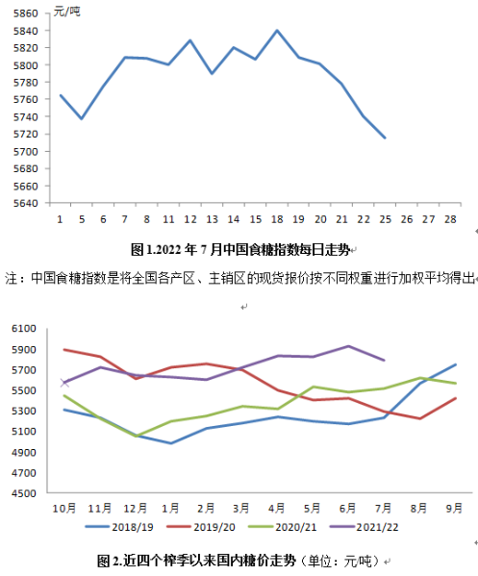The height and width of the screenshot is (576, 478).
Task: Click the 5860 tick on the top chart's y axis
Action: pos(26,13)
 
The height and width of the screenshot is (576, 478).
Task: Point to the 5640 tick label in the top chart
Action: pos(26,203)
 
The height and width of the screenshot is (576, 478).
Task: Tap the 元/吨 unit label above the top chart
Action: pos(66,12)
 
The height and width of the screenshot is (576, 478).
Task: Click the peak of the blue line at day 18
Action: pos(277,31)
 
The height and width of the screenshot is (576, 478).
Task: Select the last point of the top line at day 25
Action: pos(385,138)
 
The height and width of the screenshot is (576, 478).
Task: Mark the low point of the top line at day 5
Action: pos(82,118)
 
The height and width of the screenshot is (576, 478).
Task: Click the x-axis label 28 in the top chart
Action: pos(450,219)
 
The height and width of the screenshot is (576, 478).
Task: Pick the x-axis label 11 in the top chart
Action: pos(168,219)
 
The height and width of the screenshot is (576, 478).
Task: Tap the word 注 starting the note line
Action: pos(11,278)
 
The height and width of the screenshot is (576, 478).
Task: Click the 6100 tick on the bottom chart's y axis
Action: pos(24,328)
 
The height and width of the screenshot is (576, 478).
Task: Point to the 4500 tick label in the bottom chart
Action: pos(24,493)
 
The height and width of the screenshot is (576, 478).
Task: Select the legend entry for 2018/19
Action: pos(119,527)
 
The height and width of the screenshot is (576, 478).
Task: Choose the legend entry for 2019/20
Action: pos(201,527)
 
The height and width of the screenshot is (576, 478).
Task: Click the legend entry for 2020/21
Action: pos(282,527)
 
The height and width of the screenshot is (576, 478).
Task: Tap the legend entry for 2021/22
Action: pos(364,527)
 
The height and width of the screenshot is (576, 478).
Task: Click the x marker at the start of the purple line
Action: pos(64,383)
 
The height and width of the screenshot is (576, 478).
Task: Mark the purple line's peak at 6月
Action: pos(348,346)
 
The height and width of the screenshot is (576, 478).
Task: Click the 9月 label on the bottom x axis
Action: pos(454,508)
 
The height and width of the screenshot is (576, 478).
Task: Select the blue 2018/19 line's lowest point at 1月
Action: pos(171,443)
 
